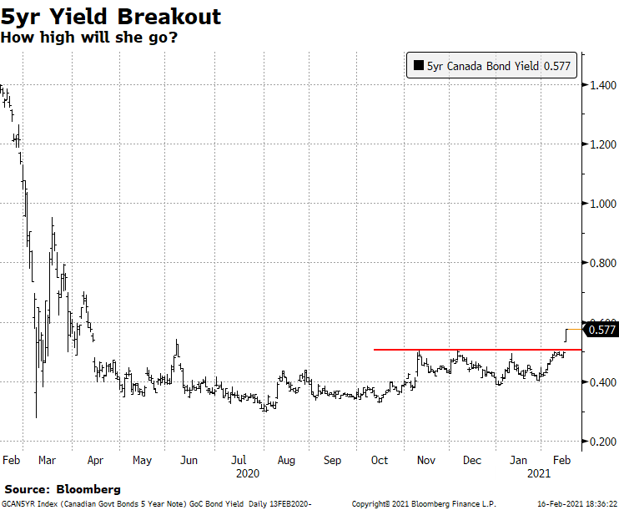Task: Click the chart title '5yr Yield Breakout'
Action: click(x=111, y=17)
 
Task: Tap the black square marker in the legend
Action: click(x=416, y=67)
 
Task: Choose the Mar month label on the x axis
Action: click(x=47, y=460)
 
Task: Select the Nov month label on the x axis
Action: click(x=425, y=460)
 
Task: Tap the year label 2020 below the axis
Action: click(x=248, y=473)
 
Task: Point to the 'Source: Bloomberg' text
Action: click(x=63, y=488)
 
